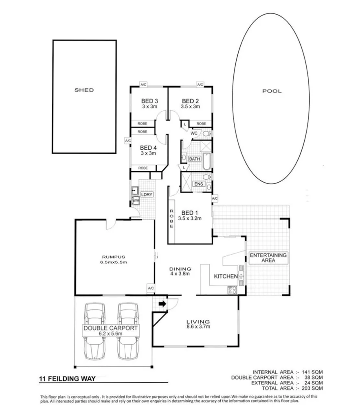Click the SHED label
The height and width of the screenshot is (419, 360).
coord(84,90)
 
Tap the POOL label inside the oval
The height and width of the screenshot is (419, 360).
coord(272,91)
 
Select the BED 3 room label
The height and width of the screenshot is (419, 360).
coord(149,101)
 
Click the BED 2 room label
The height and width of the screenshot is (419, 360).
coord(190,101)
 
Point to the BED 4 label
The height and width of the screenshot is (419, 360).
coord(148,148)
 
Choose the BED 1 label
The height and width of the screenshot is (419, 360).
coord(190,212)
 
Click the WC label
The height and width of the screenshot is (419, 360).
coord(194,133)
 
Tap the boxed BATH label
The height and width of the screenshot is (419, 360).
coord(195,159)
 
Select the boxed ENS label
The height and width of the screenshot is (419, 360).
coord(198,184)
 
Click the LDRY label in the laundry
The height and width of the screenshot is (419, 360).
coord(147,194)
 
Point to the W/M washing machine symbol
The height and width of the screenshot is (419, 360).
coord(135,200)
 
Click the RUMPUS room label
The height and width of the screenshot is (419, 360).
coord(114,257)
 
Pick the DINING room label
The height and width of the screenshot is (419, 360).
coord(180,269)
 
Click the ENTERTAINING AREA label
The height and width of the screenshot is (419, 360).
coord(268,258)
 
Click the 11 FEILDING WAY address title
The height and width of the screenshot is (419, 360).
coord(67,379)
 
